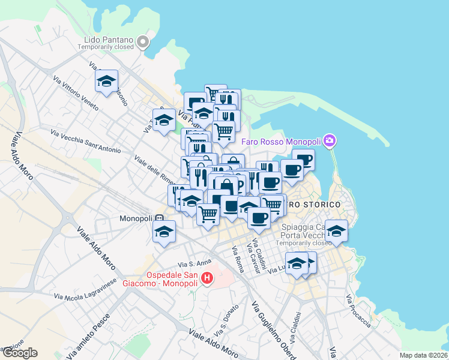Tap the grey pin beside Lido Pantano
click(x=143, y=42)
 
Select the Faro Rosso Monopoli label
click(x=282, y=142)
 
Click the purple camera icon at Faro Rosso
click(x=329, y=141)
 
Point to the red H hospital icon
click(x=207, y=278)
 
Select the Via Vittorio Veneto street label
click(x=79, y=89)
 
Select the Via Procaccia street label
click(x=358, y=311)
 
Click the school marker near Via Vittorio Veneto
click(x=107, y=82)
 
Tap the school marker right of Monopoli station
click(x=163, y=232)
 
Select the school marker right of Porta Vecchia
click(x=336, y=231)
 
